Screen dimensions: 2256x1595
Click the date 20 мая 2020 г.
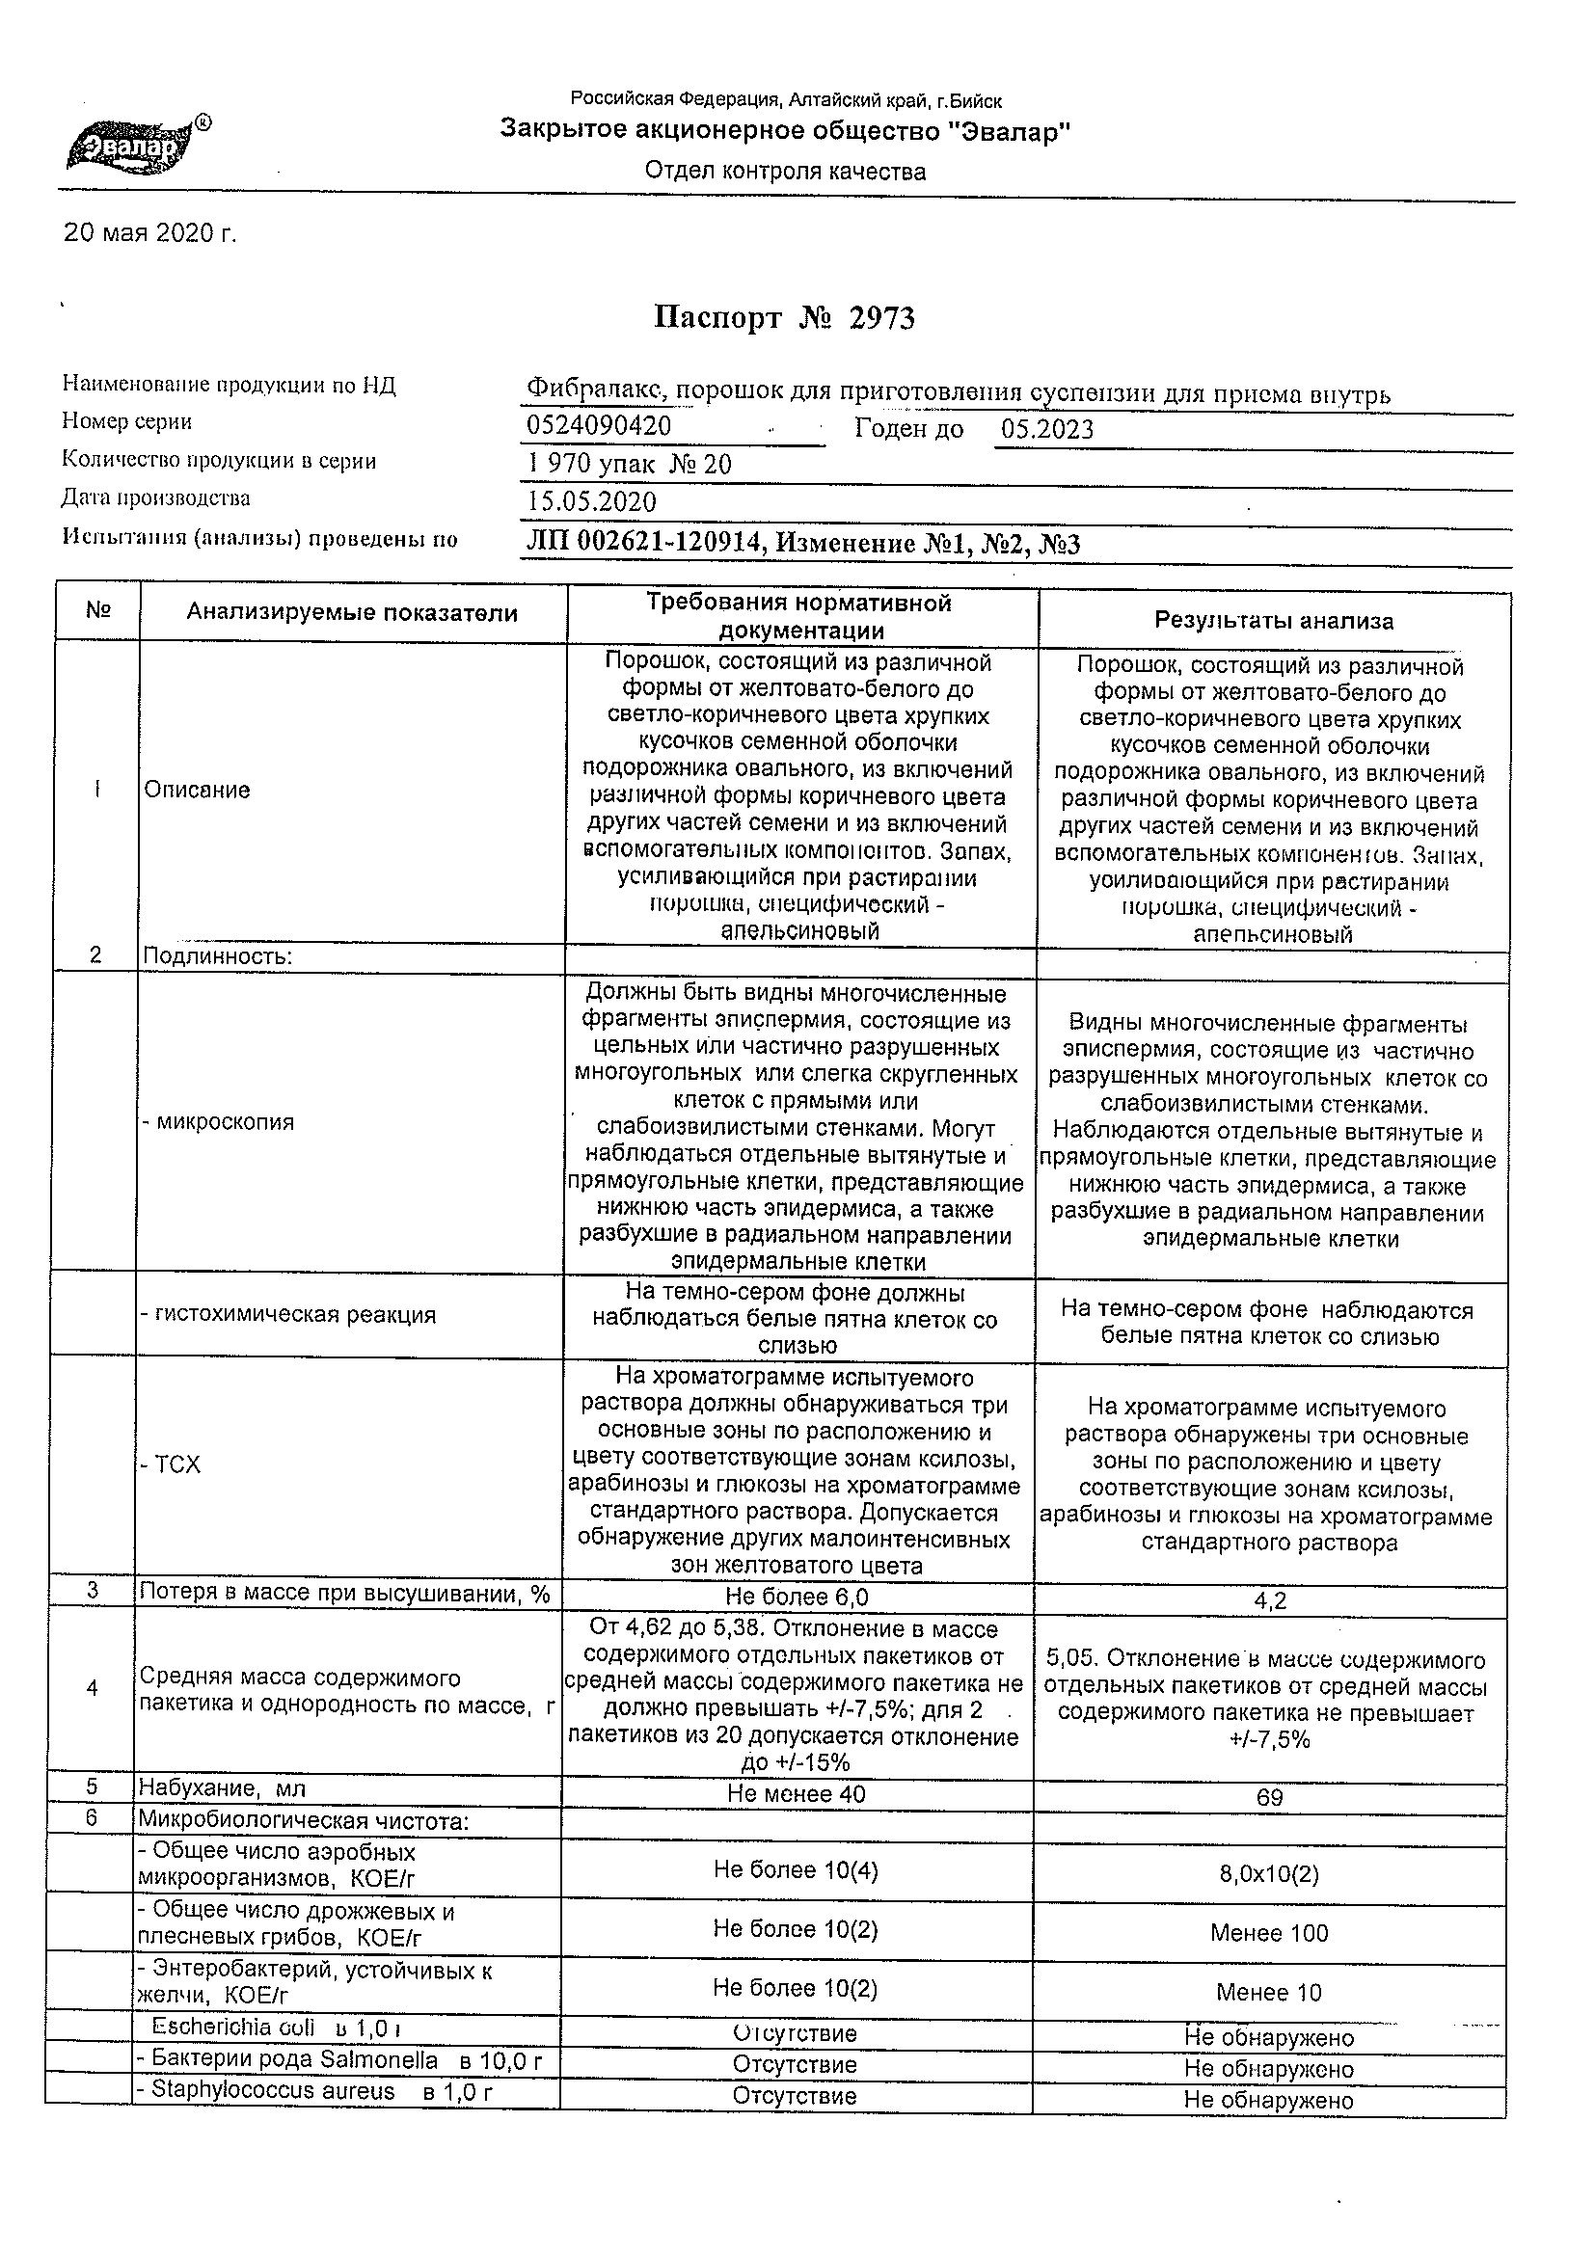(x=149, y=234)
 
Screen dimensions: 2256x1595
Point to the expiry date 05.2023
(x=1046, y=429)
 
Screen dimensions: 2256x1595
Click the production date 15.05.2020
(x=591, y=502)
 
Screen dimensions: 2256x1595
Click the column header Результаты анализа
(x=1274, y=621)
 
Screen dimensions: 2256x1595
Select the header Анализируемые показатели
(x=352, y=613)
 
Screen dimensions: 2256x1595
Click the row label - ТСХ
(x=171, y=1465)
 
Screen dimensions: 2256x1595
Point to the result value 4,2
(x=1270, y=1601)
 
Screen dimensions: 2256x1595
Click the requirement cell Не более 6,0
(x=797, y=1597)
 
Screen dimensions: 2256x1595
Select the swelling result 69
(x=1270, y=1798)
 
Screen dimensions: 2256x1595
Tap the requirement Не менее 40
(x=796, y=1794)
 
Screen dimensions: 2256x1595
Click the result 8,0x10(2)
(x=1269, y=1874)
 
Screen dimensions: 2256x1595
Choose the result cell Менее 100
(x=1269, y=1934)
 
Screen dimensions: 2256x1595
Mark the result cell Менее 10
(x=1269, y=1993)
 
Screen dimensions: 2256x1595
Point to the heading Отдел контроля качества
(x=785, y=172)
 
